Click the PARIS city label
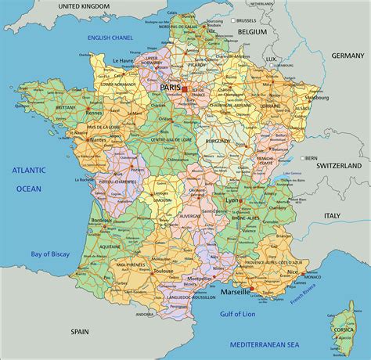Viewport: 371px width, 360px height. (x=170, y=88)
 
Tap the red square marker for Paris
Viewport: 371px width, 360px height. (x=185, y=89)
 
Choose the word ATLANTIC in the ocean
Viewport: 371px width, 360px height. (x=28, y=170)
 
